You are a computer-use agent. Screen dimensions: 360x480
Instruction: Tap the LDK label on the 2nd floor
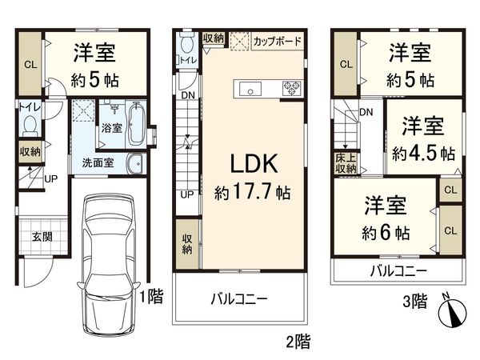coord(254,164)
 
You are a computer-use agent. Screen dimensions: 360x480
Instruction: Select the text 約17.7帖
coord(253,192)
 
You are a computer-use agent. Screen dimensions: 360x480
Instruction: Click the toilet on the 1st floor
coord(30,125)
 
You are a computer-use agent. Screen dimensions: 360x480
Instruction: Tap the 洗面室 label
coord(97,162)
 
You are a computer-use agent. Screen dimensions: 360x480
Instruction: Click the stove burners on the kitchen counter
coord(288,87)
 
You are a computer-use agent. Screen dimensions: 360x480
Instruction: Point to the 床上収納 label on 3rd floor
coord(346,162)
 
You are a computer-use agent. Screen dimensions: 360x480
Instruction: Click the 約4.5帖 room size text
coord(423,152)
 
